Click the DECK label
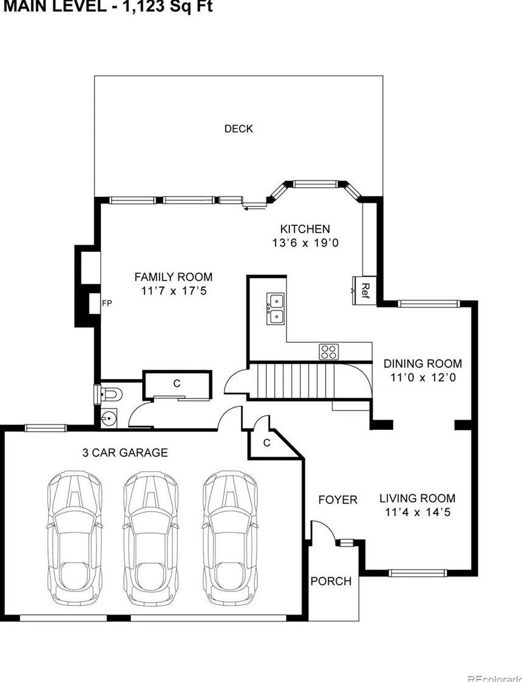[239, 129]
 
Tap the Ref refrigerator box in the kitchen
[365, 287]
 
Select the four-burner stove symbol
[328, 351]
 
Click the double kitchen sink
[276, 309]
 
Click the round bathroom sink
[110, 418]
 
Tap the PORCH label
[331, 581]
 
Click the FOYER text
[338, 500]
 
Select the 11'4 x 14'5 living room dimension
[417, 512]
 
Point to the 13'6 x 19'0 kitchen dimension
[305, 242]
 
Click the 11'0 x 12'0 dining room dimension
[422, 377]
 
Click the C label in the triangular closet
[266, 443]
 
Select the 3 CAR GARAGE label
[125, 452]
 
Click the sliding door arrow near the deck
[254, 208]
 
